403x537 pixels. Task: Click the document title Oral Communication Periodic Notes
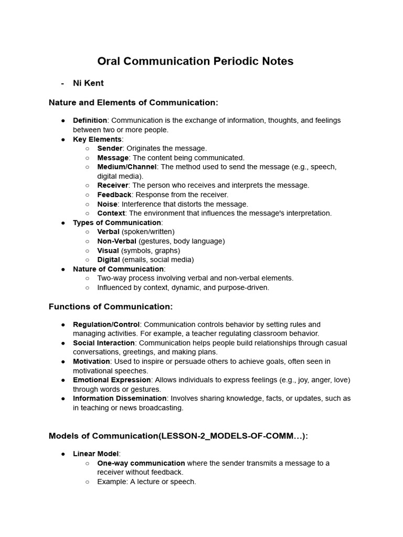pyautogui.click(x=195, y=61)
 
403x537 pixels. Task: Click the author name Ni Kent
pyautogui.click(x=88, y=83)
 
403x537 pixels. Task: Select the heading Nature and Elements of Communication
pyautogui.click(x=133, y=102)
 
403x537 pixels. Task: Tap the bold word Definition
pyautogui.click(x=90, y=121)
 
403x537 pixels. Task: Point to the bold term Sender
pyautogui.click(x=110, y=148)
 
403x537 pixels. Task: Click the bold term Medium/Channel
pyautogui.click(x=126, y=167)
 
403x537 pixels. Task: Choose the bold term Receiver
pyautogui.click(x=112, y=185)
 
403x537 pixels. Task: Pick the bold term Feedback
pyautogui.click(x=114, y=195)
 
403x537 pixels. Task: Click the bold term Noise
pyautogui.click(x=108, y=204)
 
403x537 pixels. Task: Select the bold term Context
pyautogui.click(x=111, y=213)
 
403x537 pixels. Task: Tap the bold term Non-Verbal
pyautogui.click(x=116, y=241)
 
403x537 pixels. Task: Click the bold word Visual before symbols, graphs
pyautogui.click(x=108, y=251)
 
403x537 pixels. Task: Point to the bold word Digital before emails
pyautogui.click(x=108, y=260)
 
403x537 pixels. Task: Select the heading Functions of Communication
pyautogui.click(x=111, y=306)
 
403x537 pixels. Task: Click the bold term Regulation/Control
pyautogui.click(x=106, y=325)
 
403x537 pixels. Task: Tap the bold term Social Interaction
pyautogui.click(x=104, y=343)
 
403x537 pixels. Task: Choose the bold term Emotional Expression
pyautogui.click(x=112, y=380)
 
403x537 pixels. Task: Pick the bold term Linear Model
pyautogui.click(x=96, y=454)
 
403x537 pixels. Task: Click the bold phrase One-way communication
pyautogui.click(x=141, y=463)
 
